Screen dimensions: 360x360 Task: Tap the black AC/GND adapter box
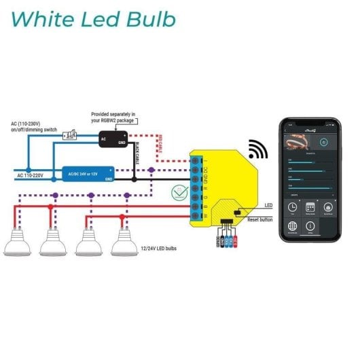tap(114, 138)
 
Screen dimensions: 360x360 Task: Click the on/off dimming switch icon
tap(69, 136)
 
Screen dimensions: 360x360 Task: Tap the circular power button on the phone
tap(323, 143)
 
